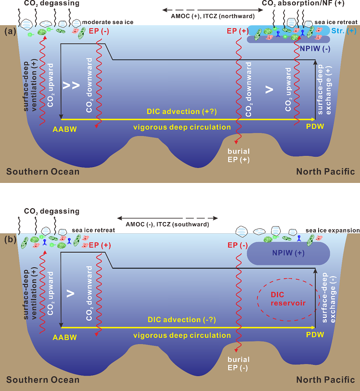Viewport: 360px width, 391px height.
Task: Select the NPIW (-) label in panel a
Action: [315, 49]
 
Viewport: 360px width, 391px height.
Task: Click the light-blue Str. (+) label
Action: [344, 31]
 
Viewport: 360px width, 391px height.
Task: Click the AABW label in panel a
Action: [64, 127]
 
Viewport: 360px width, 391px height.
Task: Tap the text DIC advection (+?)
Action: [182, 111]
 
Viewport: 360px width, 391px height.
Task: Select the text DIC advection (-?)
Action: [182, 319]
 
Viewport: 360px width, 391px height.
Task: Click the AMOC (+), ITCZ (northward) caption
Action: [208, 17]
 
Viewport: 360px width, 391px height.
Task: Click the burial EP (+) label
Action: [238, 155]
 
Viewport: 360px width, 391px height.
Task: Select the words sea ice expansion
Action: [333, 231]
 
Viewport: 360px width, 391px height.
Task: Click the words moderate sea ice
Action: [111, 22]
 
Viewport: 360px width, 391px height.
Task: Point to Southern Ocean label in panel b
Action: [43, 380]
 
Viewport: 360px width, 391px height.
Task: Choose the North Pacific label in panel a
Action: [325, 172]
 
